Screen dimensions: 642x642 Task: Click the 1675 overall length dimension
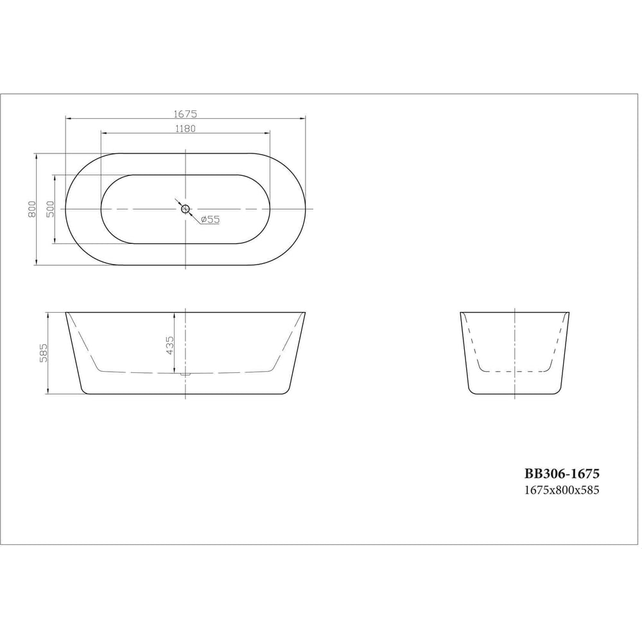pos(186,114)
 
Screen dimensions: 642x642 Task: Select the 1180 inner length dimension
pos(186,128)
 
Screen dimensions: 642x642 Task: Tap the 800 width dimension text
pos(32,209)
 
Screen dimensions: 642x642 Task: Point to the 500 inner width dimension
pos(50,209)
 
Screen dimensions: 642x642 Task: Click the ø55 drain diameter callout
pos(211,220)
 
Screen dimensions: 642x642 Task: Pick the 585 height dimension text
pos(44,353)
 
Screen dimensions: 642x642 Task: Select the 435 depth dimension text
pos(170,345)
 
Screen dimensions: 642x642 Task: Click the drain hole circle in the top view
pos(186,209)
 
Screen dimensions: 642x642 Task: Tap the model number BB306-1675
pos(562,474)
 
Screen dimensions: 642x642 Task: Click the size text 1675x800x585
pos(562,490)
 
